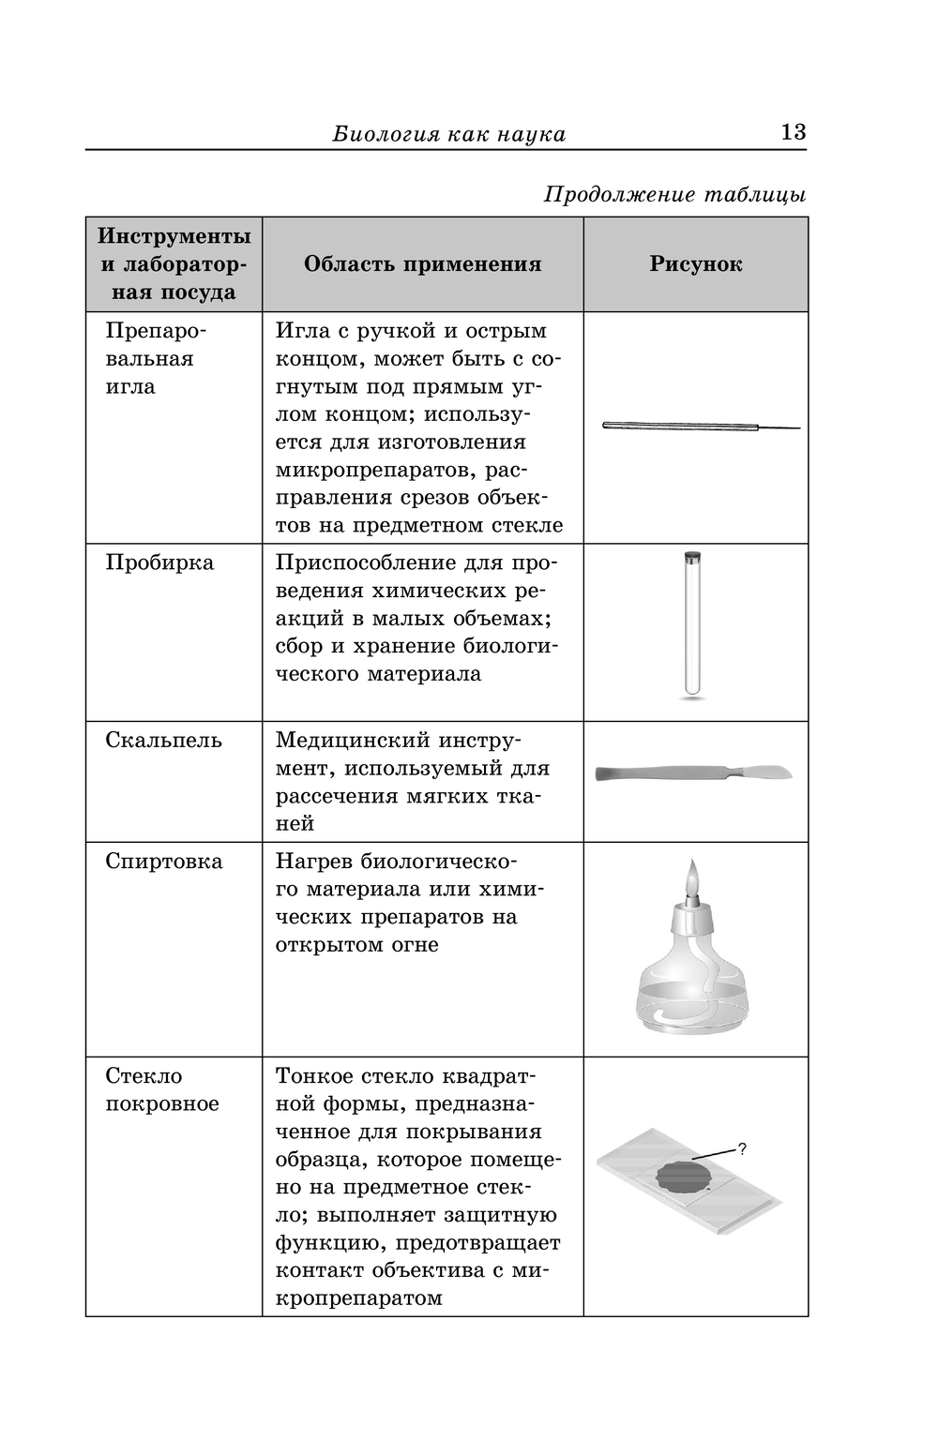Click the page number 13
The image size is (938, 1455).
coord(793,131)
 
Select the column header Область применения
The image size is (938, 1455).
coord(422,264)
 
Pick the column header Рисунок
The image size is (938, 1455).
coord(695,264)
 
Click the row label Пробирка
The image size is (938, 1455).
coord(159,562)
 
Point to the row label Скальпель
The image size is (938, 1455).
coord(163,741)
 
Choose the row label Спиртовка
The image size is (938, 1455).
coord(163,862)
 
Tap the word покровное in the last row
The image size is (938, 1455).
coord(161,1103)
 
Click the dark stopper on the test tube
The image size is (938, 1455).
coord(692,556)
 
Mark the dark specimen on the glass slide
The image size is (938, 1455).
coord(682,1176)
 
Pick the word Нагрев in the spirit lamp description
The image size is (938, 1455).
coord(314,862)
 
